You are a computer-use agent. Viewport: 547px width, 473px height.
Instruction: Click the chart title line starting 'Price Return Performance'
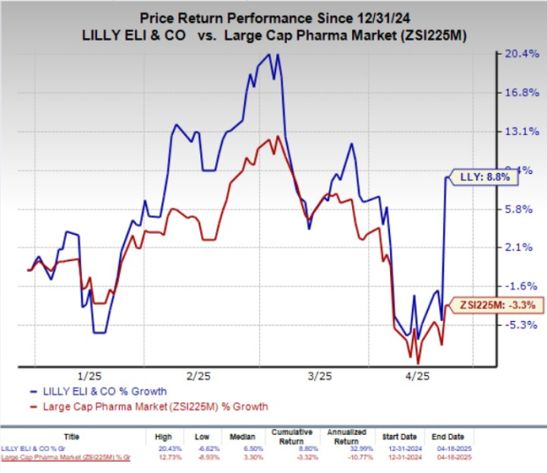coord(273,15)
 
